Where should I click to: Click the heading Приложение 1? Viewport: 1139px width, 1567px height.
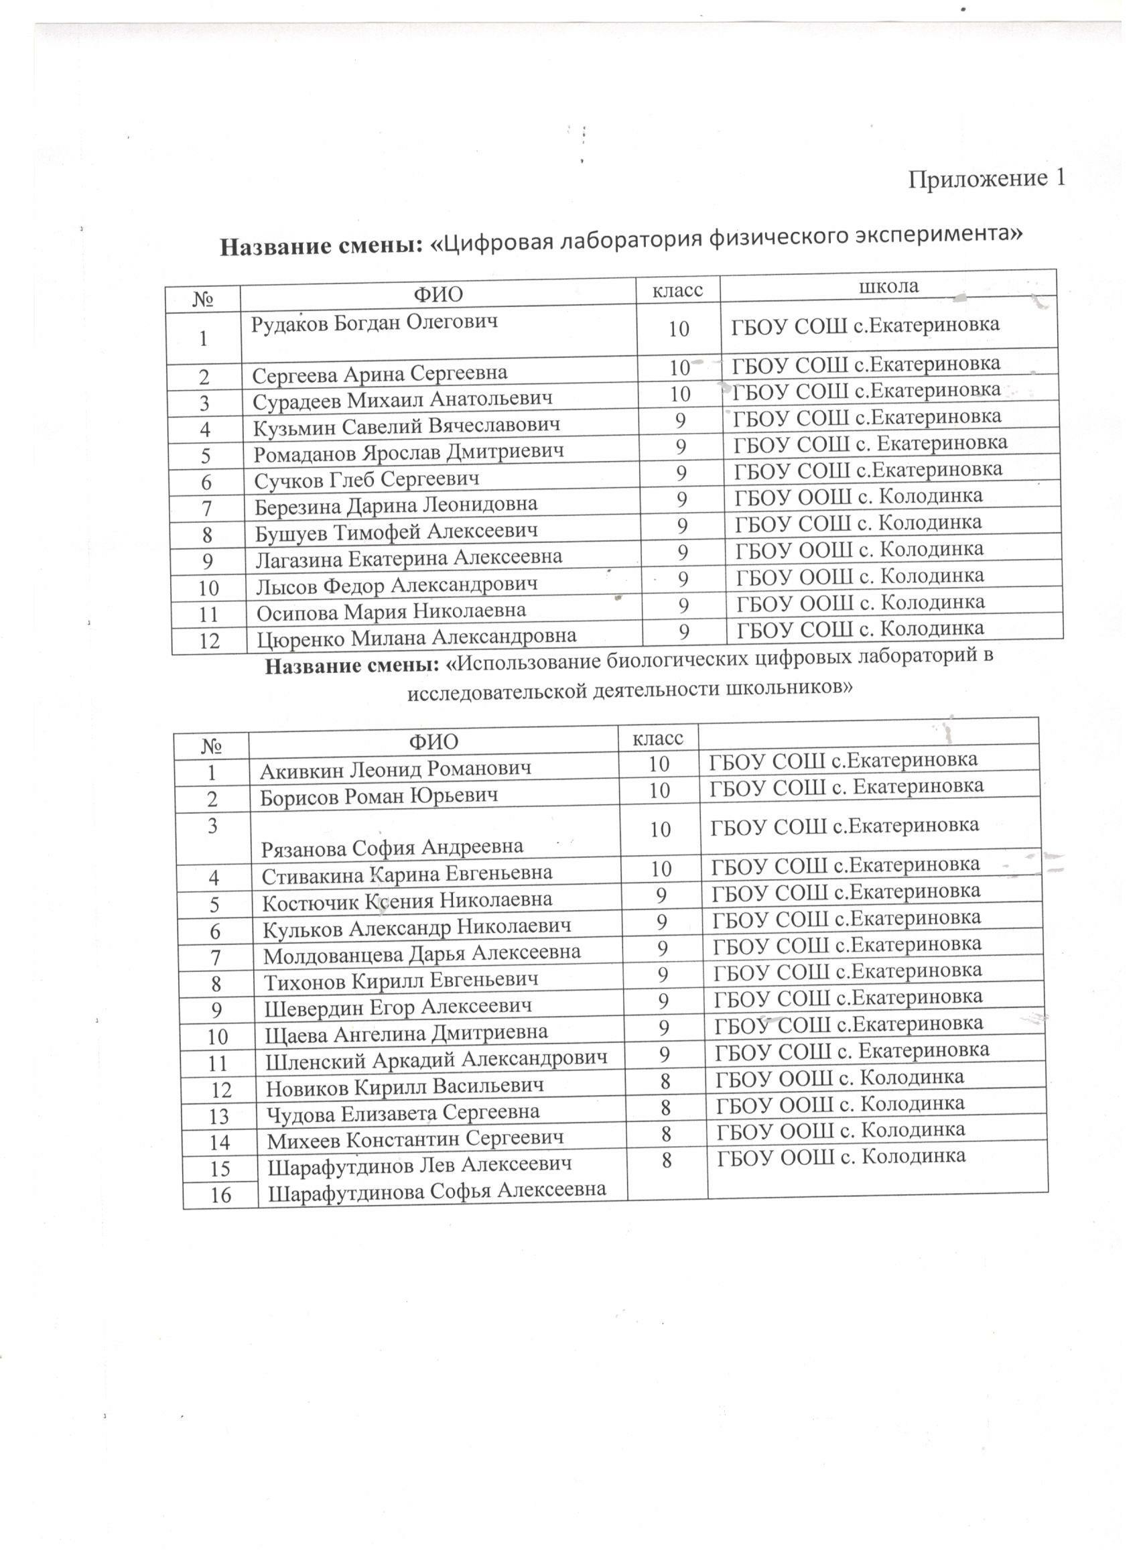point(986,179)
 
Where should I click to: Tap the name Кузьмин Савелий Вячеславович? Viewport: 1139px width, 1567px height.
point(406,426)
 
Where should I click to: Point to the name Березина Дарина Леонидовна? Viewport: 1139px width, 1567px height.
point(396,505)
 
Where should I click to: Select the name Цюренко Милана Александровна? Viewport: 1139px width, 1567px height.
point(417,636)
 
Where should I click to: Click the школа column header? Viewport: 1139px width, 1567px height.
point(888,286)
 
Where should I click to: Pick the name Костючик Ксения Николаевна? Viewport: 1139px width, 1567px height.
point(407,899)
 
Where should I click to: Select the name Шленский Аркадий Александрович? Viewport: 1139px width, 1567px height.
point(437,1058)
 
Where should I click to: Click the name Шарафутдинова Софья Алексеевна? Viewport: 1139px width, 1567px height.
point(437,1190)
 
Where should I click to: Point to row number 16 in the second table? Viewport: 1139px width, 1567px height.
point(220,1194)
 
